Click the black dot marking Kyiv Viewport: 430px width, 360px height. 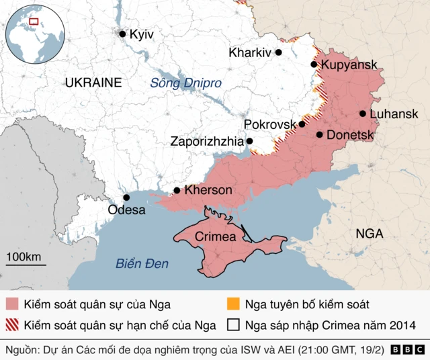click(x=122, y=34)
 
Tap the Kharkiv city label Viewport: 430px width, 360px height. click(x=249, y=52)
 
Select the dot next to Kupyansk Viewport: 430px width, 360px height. click(x=314, y=64)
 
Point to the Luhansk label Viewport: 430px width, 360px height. click(x=394, y=114)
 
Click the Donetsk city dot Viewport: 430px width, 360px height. click(x=319, y=135)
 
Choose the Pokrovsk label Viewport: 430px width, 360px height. click(x=269, y=124)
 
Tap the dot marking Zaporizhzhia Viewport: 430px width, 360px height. click(x=249, y=141)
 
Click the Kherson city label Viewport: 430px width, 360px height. click(x=208, y=190)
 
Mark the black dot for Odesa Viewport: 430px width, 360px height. click(x=126, y=197)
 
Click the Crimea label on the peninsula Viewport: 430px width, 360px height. click(x=215, y=237)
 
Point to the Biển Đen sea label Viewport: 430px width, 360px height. click(x=142, y=263)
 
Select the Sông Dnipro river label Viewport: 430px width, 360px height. click(x=185, y=83)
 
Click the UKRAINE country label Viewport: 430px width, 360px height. click(x=93, y=83)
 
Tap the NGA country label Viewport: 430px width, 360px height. click(x=369, y=234)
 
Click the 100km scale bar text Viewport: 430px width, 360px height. click(x=24, y=257)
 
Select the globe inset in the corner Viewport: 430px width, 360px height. click(x=33, y=32)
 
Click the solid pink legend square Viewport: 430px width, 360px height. click(x=11, y=304)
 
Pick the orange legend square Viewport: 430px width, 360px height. click(x=232, y=304)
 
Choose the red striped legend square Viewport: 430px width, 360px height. click(x=11, y=326)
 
